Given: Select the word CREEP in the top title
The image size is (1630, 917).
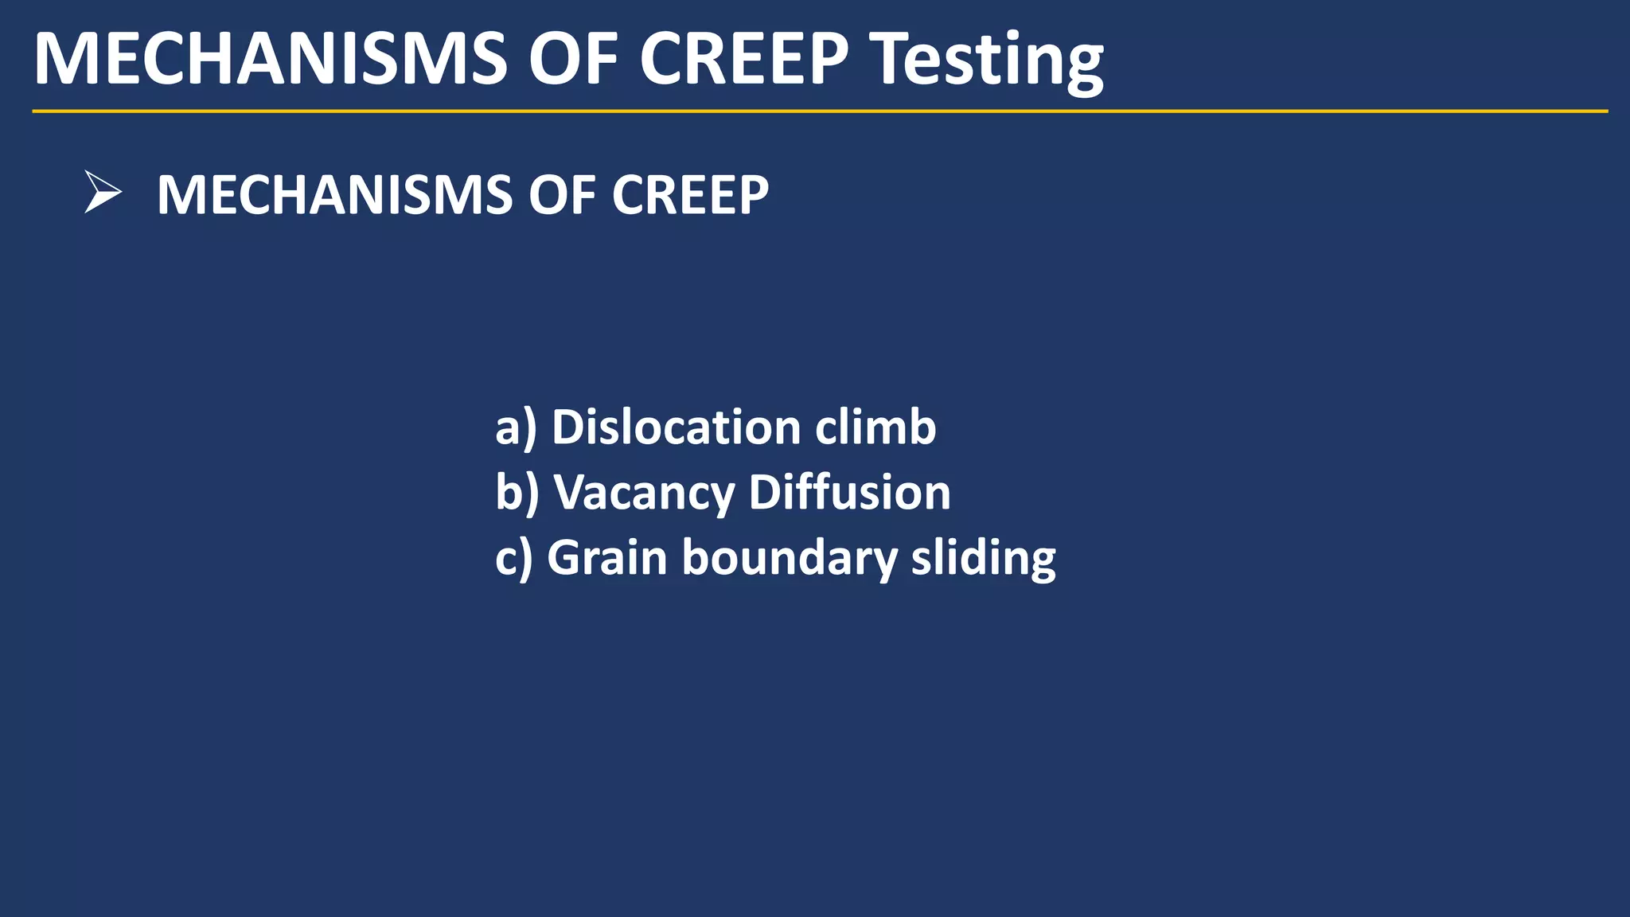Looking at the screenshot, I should [743, 59].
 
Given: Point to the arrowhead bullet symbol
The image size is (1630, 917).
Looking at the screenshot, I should [102, 193].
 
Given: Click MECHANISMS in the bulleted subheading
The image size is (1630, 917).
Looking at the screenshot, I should [335, 195].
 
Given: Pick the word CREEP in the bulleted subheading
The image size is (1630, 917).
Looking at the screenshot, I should [689, 195].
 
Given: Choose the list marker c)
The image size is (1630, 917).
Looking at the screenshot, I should [513, 557].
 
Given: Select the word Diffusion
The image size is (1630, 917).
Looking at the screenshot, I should [849, 492].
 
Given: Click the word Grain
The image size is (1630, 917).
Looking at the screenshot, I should [607, 557].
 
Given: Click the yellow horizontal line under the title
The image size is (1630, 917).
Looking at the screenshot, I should [820, 111].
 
